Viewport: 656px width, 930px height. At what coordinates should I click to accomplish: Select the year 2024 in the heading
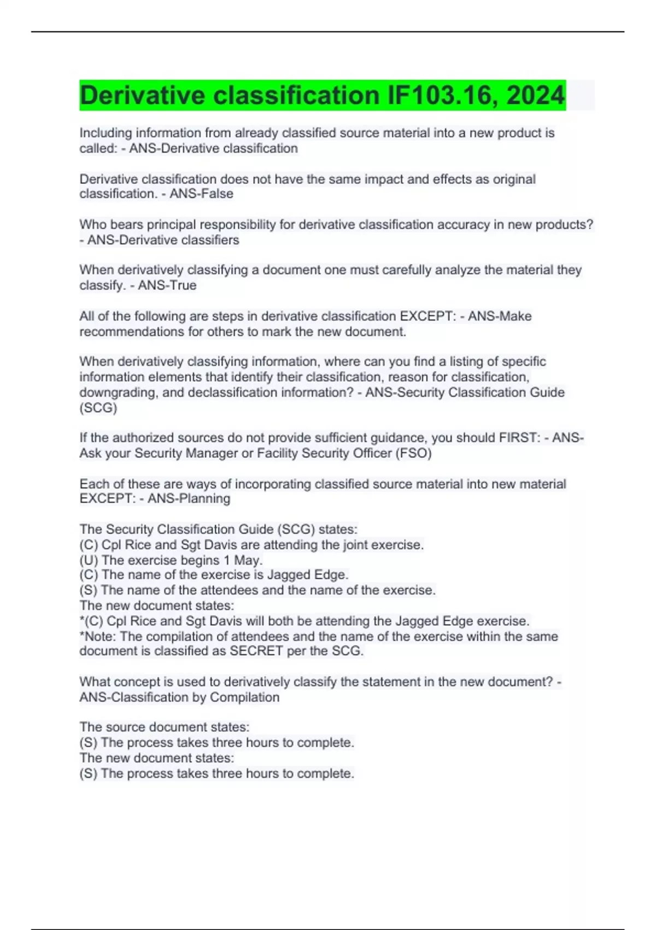[x=535, y=95]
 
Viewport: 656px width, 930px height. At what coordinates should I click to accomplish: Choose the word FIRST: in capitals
[x=519, y=438]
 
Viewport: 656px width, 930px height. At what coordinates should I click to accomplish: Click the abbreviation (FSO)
[x=413, y=453]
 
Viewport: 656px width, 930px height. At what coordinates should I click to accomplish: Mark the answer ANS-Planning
[x=189, y=498]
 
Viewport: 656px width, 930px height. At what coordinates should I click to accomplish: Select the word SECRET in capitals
[x=256, y=651]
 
